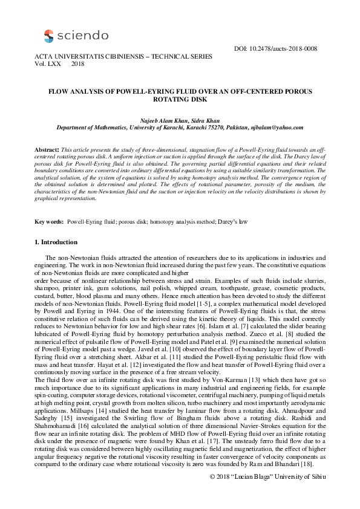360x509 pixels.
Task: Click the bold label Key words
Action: [x=49, y=222]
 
